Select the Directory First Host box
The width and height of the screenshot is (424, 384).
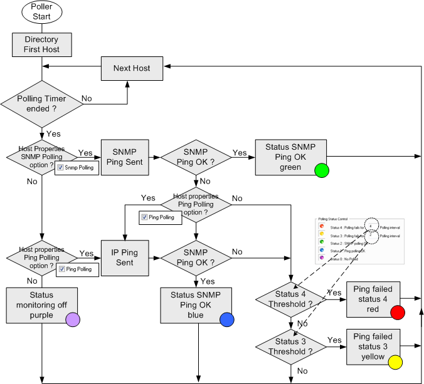tap(41, 44)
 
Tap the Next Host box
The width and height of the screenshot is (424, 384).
tap(132, 68)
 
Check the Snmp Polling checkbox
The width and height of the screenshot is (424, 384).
tap(60, 168)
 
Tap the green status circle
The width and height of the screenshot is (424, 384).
tap(322, 170)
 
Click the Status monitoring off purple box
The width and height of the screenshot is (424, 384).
tap(41, 306)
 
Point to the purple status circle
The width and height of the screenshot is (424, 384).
tap(73, 319)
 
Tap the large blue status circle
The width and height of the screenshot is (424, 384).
tap(227, 319)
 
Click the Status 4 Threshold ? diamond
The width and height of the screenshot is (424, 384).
tap(290, 299)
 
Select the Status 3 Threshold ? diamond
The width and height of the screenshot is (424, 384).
tap(290, 346)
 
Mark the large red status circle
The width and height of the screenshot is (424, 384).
tap(396, 313)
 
